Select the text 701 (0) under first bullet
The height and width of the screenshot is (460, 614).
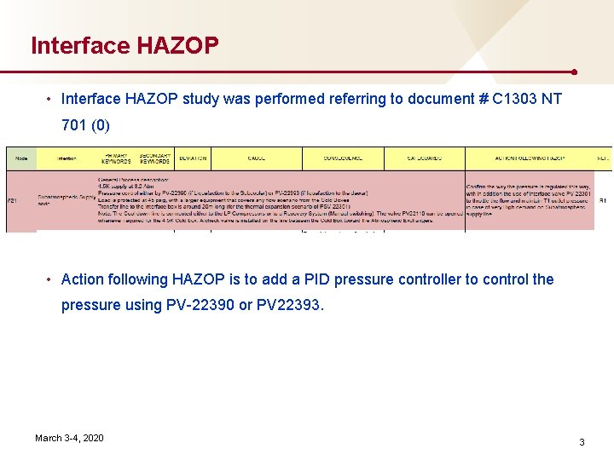point(85,126)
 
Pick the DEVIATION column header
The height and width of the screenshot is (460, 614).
point(193,158)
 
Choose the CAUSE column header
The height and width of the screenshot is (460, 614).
point(256,158)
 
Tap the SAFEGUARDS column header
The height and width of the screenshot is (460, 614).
point(423,158)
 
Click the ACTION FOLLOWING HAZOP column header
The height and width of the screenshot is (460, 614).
point(529,158)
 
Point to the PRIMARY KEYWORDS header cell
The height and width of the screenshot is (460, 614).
point(115,158)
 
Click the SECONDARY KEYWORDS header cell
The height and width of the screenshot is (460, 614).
point(155,158)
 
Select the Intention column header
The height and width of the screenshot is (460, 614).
point(67,158)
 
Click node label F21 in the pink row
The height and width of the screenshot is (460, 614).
point(12,201)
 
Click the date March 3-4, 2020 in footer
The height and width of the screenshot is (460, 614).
point(69,438)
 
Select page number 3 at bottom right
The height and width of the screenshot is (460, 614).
point(582,442)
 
